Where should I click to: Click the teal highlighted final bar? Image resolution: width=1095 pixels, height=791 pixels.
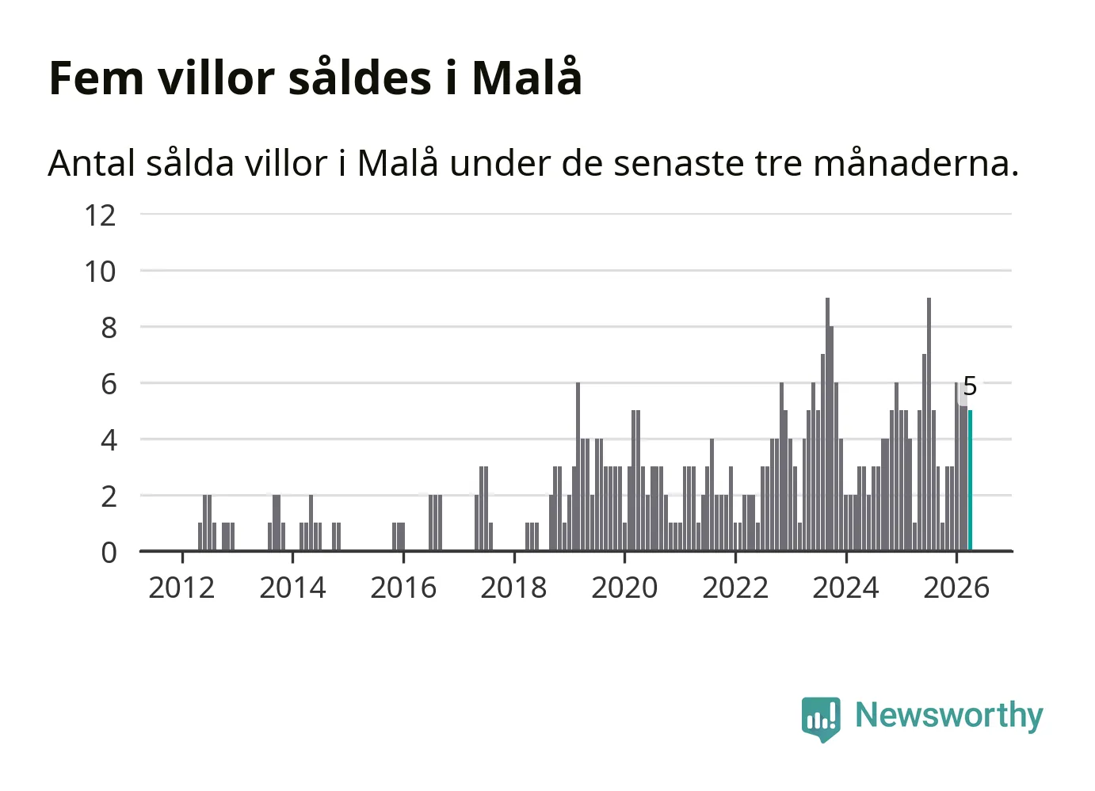point(970,481)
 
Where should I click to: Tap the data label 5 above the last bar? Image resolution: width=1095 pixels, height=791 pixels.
point(970,386)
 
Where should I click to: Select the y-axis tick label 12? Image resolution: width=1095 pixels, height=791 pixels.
point(100,215)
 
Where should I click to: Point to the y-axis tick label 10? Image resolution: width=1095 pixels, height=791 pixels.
point(100,272)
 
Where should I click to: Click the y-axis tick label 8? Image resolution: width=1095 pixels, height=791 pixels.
point(109,329)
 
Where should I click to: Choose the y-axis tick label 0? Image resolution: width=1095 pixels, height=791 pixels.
point(109,553)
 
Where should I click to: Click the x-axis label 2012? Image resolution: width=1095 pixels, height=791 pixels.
point(181,588)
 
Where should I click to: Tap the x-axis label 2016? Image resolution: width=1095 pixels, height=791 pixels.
point(403,588)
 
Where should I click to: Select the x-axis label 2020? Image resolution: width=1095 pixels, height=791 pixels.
point(624,588)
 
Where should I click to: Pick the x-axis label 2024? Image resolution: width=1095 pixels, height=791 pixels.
point(845,588)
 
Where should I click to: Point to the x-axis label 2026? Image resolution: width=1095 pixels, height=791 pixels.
point(956,588)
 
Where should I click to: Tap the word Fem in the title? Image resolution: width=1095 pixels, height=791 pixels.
point(97,78)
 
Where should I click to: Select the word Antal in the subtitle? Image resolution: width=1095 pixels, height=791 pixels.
point(92,163)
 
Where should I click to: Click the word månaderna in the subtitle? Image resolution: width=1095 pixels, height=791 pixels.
point(916,162)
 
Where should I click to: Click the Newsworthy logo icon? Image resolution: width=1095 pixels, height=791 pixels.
point(821,719)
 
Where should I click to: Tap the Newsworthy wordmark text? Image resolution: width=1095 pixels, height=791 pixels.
point(949,717)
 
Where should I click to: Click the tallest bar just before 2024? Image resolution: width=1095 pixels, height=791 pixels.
point(828,424)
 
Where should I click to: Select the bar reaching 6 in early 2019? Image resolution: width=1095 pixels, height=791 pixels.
point(578,466)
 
